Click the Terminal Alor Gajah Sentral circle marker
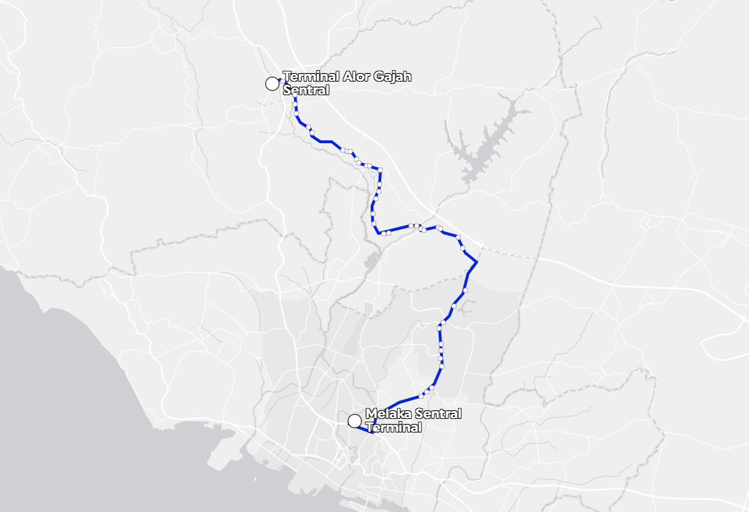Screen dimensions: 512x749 [272, 84]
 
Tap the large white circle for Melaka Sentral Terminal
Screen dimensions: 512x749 [354, 421]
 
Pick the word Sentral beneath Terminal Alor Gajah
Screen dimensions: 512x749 [306, 90]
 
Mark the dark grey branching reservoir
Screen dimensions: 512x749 [487, 143]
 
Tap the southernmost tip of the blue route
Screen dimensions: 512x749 [371, 432]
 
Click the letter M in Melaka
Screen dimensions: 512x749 [371, 414]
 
